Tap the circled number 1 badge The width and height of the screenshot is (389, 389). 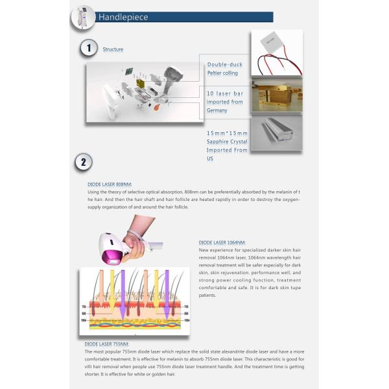[x=87, y=49]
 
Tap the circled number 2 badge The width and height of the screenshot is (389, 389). [x=83, y=162]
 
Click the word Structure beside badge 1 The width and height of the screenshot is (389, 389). [x=113, y=49]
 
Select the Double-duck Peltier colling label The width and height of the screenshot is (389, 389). [x=223, y=69]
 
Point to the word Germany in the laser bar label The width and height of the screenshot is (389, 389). [x=217, y=110]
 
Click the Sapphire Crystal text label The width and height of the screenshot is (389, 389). [x=227, y=141]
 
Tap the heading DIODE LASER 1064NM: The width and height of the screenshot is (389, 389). [x=222, y=242]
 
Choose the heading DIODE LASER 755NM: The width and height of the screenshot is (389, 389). [x=107, y=344]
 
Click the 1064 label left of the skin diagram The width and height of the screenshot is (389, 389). [x=83, y=320]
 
